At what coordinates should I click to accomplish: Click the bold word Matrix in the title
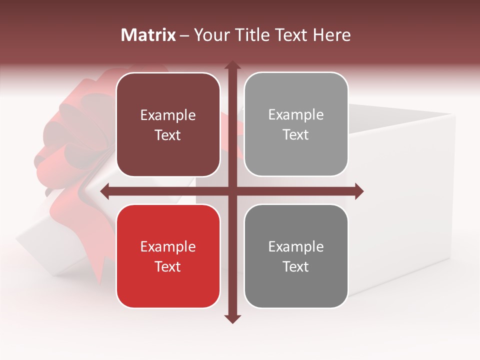148,35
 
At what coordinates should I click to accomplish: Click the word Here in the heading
331,35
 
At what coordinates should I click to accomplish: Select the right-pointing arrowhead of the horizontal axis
358,191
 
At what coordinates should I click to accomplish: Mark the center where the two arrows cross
232,191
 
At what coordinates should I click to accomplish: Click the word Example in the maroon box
168,115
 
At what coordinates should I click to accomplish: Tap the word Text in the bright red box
168,266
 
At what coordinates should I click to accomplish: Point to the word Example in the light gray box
296,115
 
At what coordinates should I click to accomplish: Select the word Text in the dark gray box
296,266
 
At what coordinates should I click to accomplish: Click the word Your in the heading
209,35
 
